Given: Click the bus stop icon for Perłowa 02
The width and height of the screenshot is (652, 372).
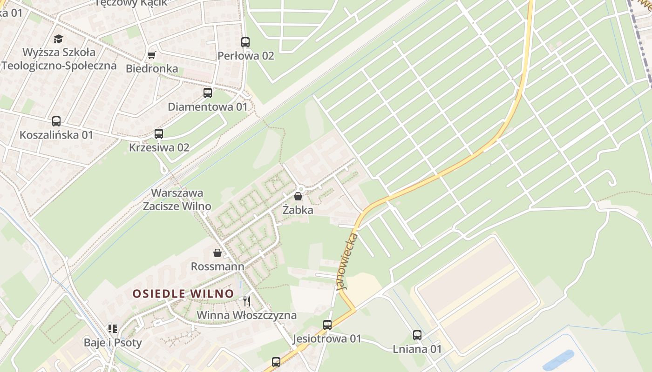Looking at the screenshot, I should [245, 42].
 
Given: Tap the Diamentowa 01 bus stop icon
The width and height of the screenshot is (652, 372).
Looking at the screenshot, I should [208, 93].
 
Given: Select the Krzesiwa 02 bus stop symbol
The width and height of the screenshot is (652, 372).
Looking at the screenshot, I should [159, 134].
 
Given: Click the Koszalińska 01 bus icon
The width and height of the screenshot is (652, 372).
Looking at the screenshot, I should [56, 121].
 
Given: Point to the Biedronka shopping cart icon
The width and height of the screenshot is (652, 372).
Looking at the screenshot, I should [151, 55].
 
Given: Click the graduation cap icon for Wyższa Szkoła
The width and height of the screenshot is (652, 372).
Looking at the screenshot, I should [58, 38].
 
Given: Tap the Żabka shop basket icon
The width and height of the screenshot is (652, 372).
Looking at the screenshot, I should [298, 196].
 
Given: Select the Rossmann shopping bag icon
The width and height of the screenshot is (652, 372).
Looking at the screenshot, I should [217, 253].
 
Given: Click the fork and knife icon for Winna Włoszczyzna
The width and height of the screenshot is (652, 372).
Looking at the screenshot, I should [247, 301].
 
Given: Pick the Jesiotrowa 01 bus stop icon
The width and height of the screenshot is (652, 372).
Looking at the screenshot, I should [327, 325].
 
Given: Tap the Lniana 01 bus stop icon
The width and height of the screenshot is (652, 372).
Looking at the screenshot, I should [417, 335].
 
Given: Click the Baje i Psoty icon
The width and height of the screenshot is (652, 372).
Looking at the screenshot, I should [113, 329].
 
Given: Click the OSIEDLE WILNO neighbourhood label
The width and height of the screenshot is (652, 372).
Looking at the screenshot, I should [183, 294].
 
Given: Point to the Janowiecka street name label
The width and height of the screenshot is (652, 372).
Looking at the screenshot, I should [347, 261].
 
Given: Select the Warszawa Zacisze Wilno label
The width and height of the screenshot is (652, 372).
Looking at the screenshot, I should [177, 199].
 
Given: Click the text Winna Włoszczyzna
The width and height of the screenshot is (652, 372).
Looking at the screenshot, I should [246, 315].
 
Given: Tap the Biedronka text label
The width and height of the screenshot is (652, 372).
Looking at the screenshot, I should [152, 68].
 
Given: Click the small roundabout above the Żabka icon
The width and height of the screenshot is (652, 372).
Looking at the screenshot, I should [300, 188].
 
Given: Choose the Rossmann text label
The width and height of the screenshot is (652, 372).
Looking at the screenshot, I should [217, 266].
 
